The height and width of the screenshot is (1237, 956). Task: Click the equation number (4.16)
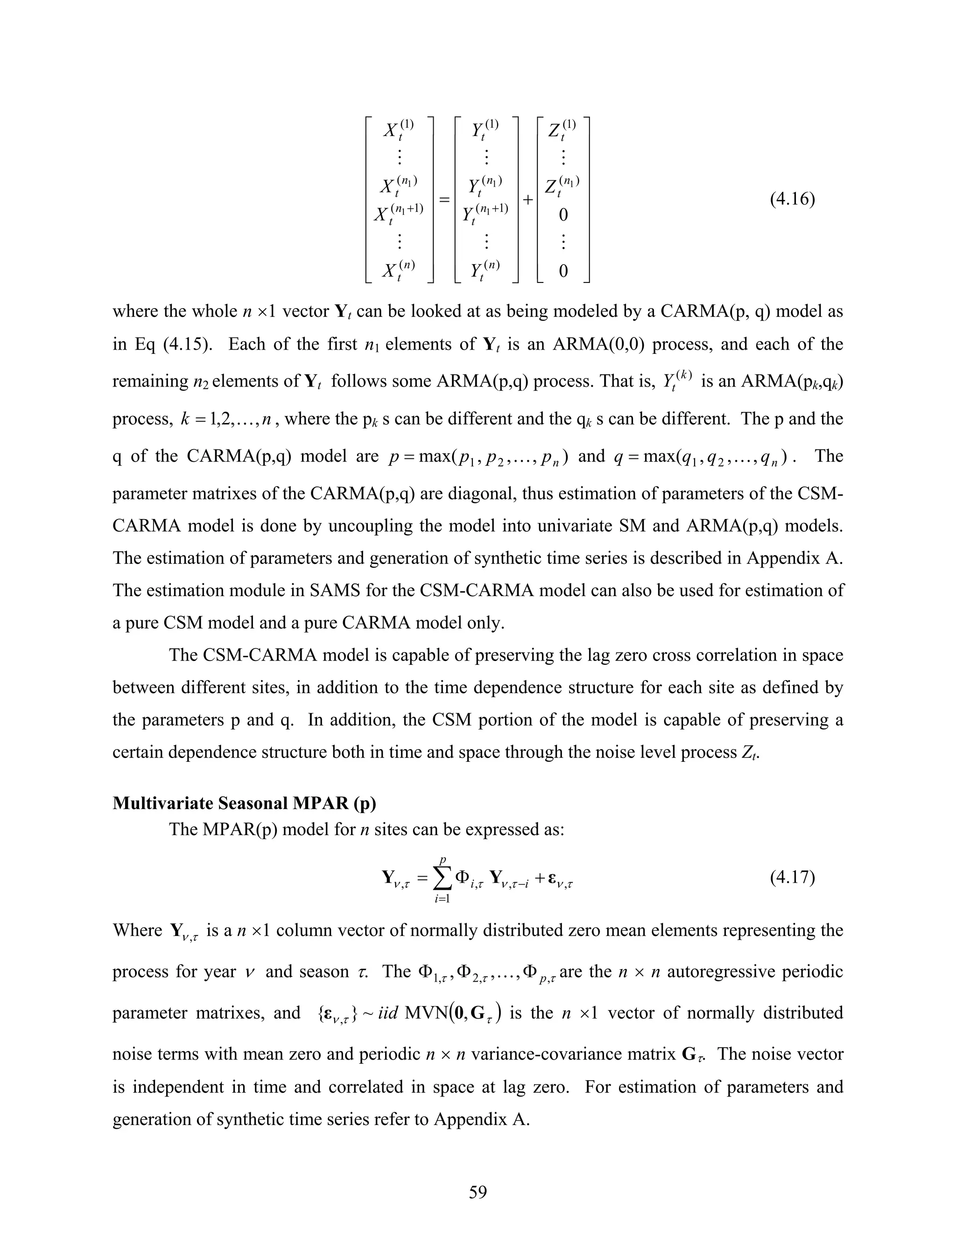click(792, 199)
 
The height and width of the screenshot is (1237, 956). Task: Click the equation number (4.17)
click(792, 878)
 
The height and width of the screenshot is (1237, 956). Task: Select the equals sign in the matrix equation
click(444, 199)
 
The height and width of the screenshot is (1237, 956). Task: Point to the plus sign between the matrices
click(528, 199)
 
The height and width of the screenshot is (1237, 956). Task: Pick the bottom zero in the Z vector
click(563, 272)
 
